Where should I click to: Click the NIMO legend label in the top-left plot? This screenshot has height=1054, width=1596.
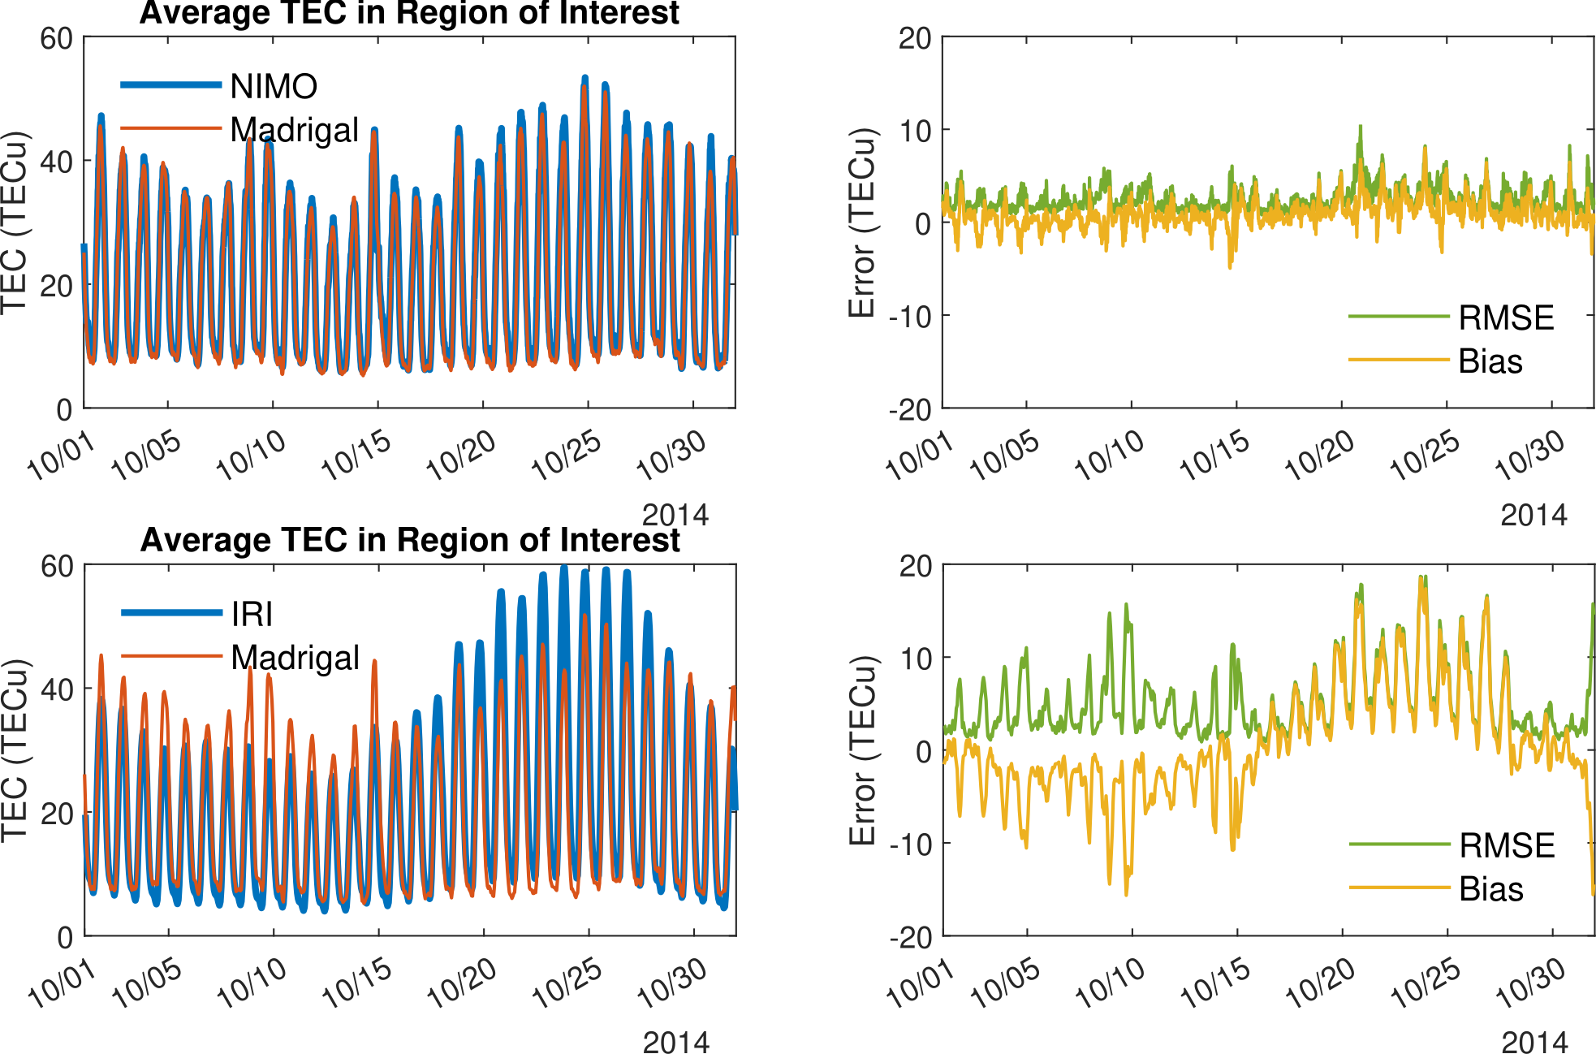click(x=274, y=86)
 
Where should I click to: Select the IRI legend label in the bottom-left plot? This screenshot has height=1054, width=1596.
click(x=252, y=614)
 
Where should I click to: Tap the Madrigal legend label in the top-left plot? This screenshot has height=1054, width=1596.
click(x=294, y=130)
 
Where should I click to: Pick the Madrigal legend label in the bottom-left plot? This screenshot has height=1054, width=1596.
click(x=295, y=658)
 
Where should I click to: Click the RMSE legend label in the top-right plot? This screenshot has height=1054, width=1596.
click(x=1506, y=317)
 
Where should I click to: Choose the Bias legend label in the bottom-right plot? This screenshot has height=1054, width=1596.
click(x=1490, y=889)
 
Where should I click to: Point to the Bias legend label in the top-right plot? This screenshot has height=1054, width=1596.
click(x=1490, y=361)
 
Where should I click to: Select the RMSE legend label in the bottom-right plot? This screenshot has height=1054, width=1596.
click(x=1507, y=845)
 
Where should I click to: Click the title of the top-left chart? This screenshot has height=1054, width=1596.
click(x=409, y=13)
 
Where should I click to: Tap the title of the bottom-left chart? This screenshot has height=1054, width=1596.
click(x=410, y=540)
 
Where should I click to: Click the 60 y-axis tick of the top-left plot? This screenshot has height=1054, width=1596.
click(x=57, y=38)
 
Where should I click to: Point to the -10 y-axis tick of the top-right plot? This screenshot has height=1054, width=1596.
click(x=910, y=316)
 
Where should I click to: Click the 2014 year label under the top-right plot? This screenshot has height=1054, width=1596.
click(x=1533, y=515)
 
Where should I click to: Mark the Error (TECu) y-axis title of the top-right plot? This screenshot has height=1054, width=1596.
click(x=861, y=222)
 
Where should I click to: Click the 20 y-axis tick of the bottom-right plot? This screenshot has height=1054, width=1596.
click(x=916, y=566)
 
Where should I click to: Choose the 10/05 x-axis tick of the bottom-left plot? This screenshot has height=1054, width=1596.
click(x=147, y=984)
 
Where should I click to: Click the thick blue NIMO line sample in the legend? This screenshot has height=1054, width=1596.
click(x=170, y=84)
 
